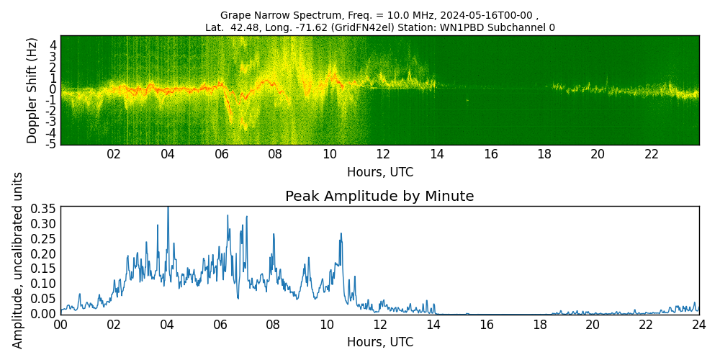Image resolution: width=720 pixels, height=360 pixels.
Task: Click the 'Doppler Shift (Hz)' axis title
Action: [32, 90]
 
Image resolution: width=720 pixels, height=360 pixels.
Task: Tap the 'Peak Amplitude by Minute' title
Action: [379, 197]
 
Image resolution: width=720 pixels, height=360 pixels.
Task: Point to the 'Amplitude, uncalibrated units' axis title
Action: [18, 260]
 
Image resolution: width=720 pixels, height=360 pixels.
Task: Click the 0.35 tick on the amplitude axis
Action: [42, 208]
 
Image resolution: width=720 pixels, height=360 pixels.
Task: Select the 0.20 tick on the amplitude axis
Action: [42, 253]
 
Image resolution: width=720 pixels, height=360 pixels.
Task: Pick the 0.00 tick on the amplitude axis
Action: [42, 314]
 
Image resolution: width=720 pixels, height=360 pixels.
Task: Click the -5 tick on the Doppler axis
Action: [52, 143]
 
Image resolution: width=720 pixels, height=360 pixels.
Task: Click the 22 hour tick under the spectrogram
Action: [652, 154]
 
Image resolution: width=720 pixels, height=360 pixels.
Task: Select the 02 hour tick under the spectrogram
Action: [114, 154]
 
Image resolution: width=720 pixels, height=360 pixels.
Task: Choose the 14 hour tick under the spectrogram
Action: [436, 154]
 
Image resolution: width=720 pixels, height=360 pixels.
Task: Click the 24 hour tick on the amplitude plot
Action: [698, 325]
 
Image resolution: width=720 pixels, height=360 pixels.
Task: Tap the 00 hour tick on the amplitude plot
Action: [60, 325]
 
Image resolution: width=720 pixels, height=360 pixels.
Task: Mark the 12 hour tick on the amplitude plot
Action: [379, 325]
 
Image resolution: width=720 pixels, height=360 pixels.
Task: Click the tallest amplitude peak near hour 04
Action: [168, 208]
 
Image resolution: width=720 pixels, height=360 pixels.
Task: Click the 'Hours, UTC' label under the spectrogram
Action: [379, 172]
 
